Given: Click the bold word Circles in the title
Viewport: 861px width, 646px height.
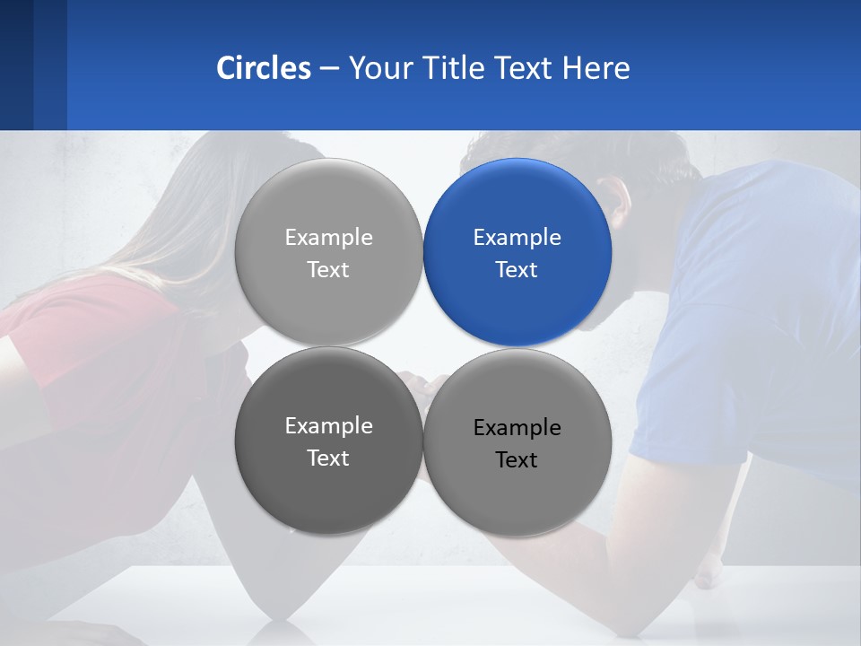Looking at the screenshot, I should pyautogui.click(x=264, y=68).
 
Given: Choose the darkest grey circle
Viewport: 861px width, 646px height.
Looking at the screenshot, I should pyautogui.click(x=328, y=441).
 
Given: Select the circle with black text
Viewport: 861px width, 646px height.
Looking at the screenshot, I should pyautogui.click(x=517, y=443).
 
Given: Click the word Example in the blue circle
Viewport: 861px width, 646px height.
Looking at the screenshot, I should pyautogui.click(x=517, y=238).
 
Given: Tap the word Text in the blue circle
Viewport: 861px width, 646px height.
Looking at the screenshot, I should pyautogui.click(x=517, y=269).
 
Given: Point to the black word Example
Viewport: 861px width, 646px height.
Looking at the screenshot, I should pyautogui.click(x=517, y=428).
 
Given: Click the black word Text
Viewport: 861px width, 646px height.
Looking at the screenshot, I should pyautogui.click(x=517, y=460).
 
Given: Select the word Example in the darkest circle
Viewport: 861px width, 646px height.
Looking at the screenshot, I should pyautogui.click(x=328, y=426).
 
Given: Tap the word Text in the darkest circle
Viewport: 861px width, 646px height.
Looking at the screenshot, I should pyautogui.click(x=328, y=458).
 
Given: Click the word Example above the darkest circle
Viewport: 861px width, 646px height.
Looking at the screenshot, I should pyautogui.click(x=328, y=238).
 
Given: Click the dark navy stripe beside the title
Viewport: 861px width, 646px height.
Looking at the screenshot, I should pyautogui.click(x=16, y=65).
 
